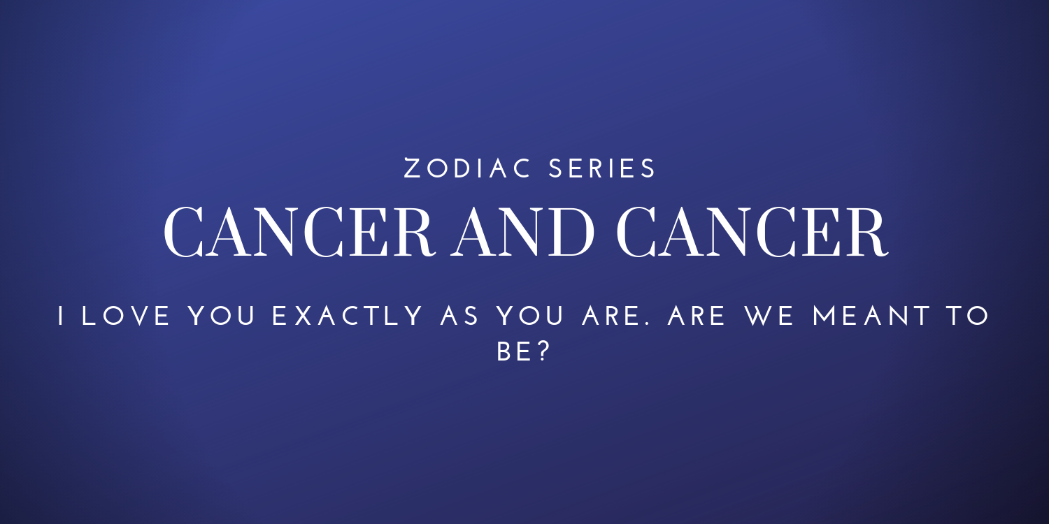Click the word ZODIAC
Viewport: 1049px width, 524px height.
(x=467, y=168)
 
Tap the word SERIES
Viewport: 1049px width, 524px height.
(x=601, y=168)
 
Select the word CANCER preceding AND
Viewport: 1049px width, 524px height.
(x=299, y=232)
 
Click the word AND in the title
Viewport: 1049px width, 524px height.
(x=522, y=232)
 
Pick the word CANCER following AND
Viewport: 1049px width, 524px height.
(x=752, y=232)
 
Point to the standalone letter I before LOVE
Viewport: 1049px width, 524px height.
(x=60, y=316)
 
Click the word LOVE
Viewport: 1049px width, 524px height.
(x=126, y=316)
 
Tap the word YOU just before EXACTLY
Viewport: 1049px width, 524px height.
(x=222, y=316)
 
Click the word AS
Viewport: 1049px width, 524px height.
(x=459, y=316)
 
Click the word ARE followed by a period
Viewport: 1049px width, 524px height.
(x=612, y=316)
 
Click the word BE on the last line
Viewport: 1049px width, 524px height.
(x=513, y=351)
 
